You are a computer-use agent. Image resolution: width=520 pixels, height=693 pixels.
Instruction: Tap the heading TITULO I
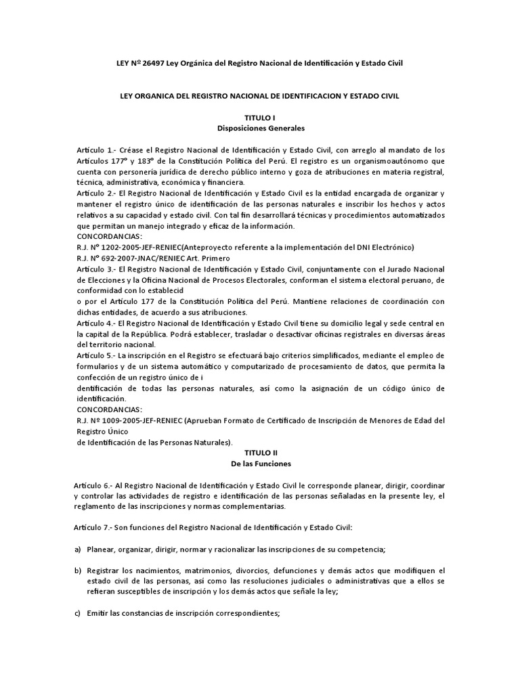[260, 118]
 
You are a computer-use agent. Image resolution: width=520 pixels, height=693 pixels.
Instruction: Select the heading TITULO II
[260, 451]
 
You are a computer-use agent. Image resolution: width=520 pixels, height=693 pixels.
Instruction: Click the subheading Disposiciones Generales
[260, 128]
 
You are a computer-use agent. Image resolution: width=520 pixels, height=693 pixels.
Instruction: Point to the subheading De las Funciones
[260, 464]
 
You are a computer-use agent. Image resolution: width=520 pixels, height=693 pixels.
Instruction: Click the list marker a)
[79, 550]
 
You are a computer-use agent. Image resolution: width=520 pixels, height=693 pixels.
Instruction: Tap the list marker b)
[79, 571]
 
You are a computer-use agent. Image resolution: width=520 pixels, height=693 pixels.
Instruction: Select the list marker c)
[79, 613]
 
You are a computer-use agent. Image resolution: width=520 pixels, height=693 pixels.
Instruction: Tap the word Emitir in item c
[98, 613]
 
